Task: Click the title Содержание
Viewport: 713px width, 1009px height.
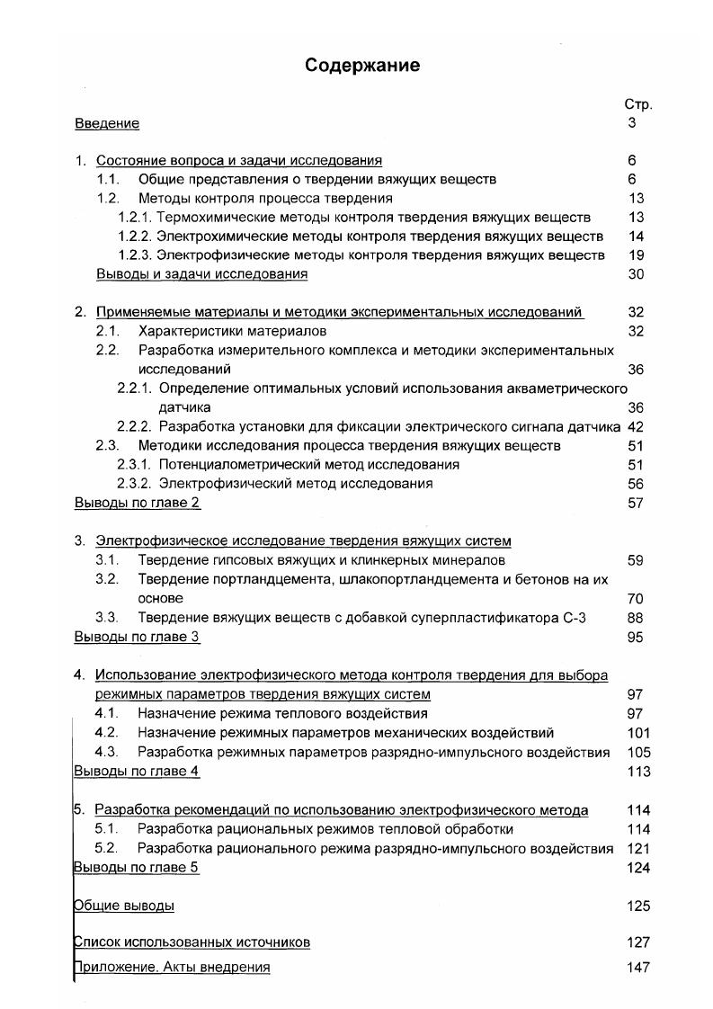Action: point(361,66)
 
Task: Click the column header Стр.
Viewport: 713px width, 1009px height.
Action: point(637,104)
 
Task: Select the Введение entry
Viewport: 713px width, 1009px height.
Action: point(106,123)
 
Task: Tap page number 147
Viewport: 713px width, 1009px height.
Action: point(638,968)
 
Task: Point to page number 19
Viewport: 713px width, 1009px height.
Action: point(636,255)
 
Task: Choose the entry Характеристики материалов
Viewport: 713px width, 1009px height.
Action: point(232,331)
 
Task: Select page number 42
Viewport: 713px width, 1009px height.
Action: point(636,426)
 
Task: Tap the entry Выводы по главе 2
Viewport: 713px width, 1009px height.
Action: point(137,503)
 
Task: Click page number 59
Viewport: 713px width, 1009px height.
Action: point(636,560)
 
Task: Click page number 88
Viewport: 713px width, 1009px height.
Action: point(636,618)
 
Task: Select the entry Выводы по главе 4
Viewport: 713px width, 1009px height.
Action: point(137,772)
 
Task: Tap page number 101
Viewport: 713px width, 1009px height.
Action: point(638,733)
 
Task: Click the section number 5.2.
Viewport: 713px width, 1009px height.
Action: point(106,848)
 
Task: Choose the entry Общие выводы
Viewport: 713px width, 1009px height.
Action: point(123,906)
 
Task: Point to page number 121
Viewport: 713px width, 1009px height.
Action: point(638,848)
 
